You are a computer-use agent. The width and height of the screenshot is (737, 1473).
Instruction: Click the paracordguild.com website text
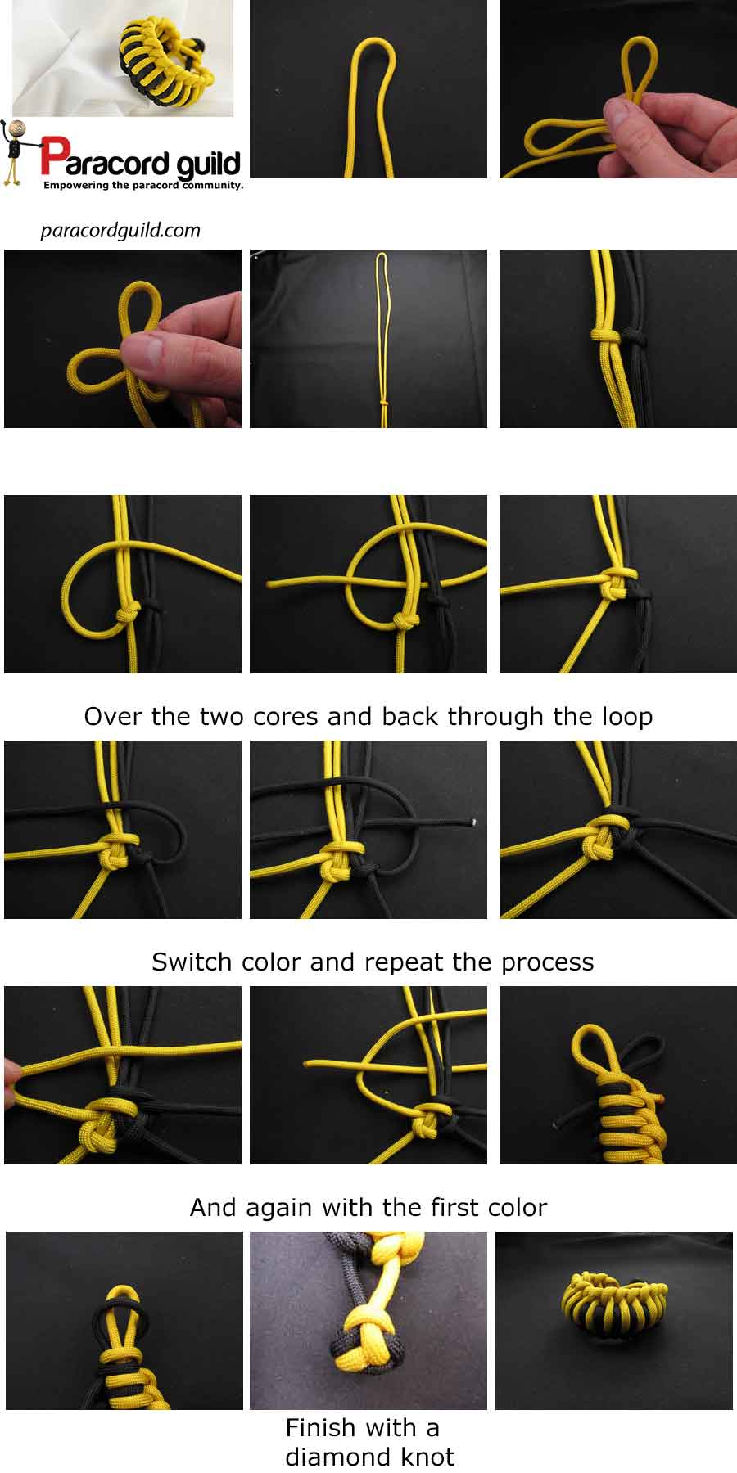(120, 231)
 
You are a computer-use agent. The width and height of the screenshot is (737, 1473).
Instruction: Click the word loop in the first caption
(626, 718)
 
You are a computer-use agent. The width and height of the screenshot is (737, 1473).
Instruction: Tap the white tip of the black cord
(475, 821)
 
